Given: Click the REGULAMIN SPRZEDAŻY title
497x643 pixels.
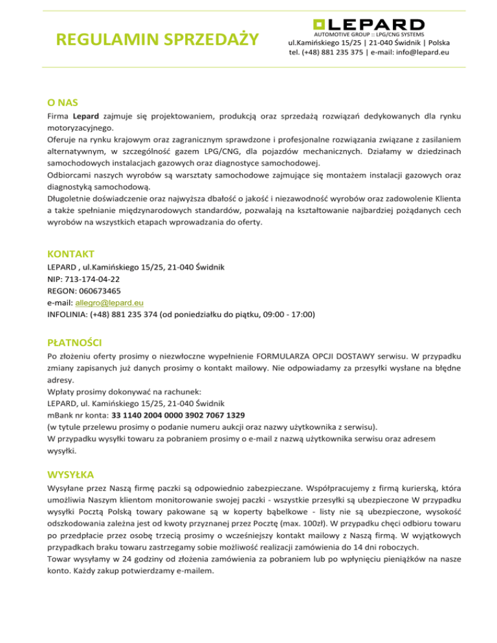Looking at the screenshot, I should point(157,40).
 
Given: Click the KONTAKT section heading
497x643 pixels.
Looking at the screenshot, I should point(71,253).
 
